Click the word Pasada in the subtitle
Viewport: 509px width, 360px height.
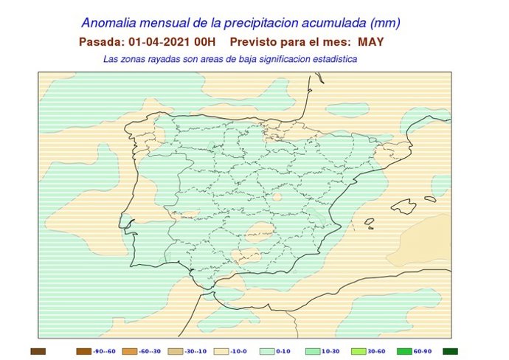tap(100, 42)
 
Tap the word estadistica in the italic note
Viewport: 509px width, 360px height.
tap(333, 58)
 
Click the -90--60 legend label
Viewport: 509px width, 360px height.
tap(105, 352)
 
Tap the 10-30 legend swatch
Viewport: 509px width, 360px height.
tap(314, 351)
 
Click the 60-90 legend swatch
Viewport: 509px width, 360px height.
tap(405, 351)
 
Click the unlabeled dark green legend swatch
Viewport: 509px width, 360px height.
tap(451, 351)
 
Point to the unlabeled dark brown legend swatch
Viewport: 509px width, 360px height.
tap(38, 351)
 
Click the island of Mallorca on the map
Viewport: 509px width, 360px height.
tap(404, 206)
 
